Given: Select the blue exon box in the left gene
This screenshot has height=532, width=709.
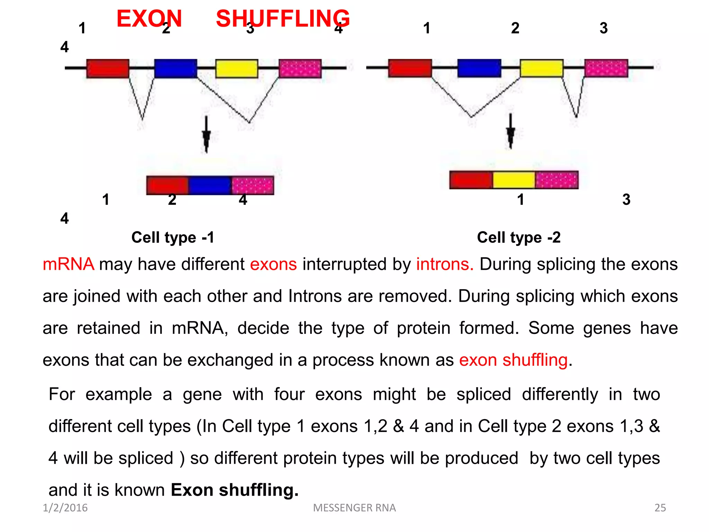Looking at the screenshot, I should click(x=176, y=68).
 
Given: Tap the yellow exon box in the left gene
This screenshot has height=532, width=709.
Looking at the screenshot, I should click(x=236, y=68).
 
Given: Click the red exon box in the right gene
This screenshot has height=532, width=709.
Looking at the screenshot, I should click(x=410, y=68).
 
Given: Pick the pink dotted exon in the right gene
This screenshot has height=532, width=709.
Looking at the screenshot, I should click(x=606, y=68).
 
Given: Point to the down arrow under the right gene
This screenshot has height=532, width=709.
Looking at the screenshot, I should click(x=510, y=132).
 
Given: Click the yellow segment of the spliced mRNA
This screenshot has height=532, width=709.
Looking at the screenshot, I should click(x=513, y=180).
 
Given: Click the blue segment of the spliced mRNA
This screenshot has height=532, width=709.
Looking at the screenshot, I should click(x=210, y=185).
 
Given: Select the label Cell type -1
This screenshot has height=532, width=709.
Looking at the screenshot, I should click(x=173, y=238).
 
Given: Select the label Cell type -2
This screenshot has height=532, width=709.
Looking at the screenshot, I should click(x=518, y=238).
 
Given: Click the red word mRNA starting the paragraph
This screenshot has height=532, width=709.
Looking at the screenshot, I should click(x=68, y=264).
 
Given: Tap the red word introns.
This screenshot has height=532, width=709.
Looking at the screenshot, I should click(x=445, y=264).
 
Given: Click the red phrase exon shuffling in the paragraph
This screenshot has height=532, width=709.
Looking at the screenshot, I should click(x=513, y=360).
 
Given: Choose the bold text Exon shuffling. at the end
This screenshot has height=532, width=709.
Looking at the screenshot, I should click(x=234, y=490).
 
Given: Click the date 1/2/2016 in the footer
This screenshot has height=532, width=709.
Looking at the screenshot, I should click(x=65, y=508).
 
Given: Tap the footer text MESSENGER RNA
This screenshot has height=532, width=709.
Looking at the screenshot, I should click(x=354, y=508).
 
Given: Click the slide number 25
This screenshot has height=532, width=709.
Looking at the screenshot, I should click(x=660, y=508).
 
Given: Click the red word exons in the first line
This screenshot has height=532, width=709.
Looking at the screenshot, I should click(x=273, y=264).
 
